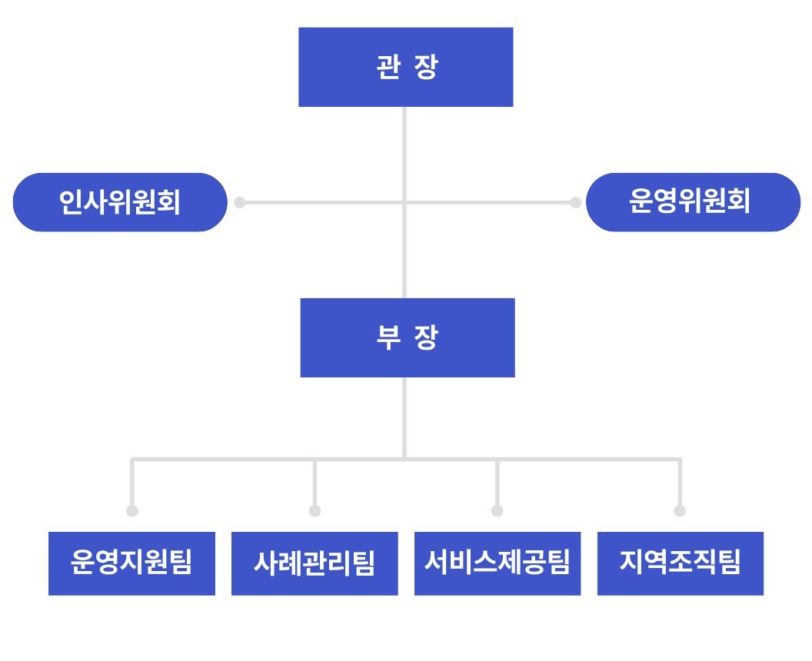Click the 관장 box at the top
coord(405,68)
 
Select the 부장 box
coord(408,337)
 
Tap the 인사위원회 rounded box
coord(120,202)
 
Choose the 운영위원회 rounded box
coord(693,202)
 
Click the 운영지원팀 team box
coord(131,563)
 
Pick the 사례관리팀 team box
coord(314,563)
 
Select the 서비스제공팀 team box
coord(498,563)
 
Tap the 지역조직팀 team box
coord(681,563)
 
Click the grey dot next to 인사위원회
coord(239,202)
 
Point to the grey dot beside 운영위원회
coord(575,202)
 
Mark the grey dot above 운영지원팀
coord(132,511)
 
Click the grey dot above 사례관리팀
coord(314,511)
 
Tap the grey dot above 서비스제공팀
coord(498,511)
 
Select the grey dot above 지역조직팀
coord(680,511)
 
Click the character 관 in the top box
coord(388,68)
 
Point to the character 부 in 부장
coord(388,337)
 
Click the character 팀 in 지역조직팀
coord(730,563)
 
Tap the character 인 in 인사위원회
coord(71,202)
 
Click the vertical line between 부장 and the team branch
coord(404,417)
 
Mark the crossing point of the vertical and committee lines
coord(404,202)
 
